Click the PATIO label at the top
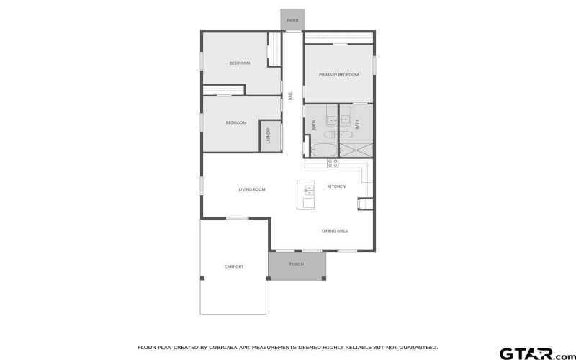[x=292, y=21]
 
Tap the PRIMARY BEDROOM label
[x=338, y=75]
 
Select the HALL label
[x=291, y=95]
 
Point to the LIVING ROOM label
[x=252, y=189]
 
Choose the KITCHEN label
[x=336, y=186]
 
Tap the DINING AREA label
[x=335, y=231]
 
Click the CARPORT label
[x=234, y=266]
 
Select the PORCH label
[x=296, y=264]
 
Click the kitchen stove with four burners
[x=333, y=163]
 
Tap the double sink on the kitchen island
[x=309, y=190]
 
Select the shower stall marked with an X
[x=356, y=150]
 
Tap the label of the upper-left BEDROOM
[x=240, y=63]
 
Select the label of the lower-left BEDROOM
[x=236, y=122]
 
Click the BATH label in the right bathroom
[x=357, y=124]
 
